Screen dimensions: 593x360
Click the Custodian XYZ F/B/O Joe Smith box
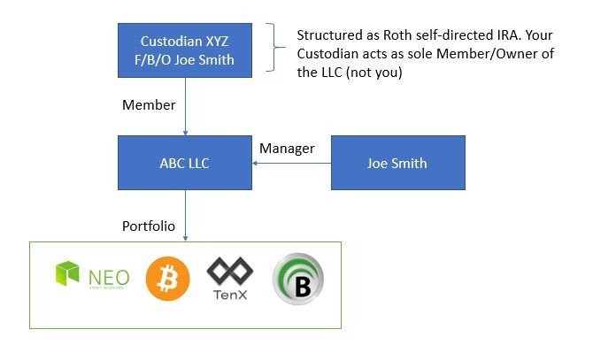(x=185, y=50)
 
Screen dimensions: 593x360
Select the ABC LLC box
(x=185, y=163)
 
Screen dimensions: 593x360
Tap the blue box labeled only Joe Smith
(x=398, y=163)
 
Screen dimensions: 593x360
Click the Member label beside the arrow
(x=149, y=105)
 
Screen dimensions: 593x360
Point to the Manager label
(x=287, y=149)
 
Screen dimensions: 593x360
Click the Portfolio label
(x=149, y=226)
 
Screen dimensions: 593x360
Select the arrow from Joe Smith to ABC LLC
(x=291, y=163)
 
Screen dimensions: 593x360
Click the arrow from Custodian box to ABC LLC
(x=185, y=106)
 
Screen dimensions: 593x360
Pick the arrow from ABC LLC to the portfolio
(x=185, y=215)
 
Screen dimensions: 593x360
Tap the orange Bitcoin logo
(x=167, y=279)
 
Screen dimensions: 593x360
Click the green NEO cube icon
(x=67, y=273)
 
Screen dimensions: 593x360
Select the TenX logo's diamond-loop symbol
(x=230, y=272)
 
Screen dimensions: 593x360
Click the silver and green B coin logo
(x=298, y=280)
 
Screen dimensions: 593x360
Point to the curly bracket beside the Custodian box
(x=275, y=47)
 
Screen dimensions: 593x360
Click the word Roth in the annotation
(x=397, y=35)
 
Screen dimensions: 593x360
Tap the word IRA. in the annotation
(x=509, y=35)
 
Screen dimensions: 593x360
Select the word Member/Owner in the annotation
(x=487, y=54)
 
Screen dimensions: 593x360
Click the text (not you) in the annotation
(x=374, y=73)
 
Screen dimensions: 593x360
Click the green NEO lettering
(x=109, y=279)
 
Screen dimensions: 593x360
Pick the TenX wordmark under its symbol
(x=230, y=295)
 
